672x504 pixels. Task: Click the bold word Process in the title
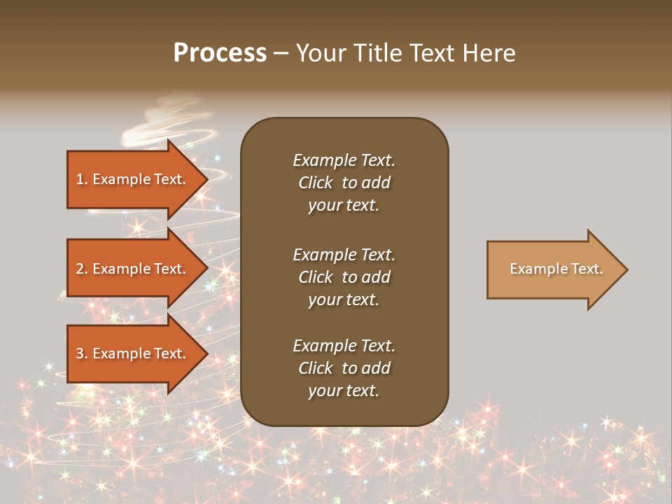[x=220, y=53]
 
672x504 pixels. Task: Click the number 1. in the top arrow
[x=82, y=179]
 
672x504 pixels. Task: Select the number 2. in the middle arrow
[x=82, y=269]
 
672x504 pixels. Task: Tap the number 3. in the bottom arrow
[x=82, y=353]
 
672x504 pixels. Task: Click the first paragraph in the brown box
[x=344, y=183]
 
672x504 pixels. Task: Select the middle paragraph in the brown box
[x=344, y=277]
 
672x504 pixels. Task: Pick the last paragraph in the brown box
[x=344, y=368]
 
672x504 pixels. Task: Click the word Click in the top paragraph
[x=315, y=183]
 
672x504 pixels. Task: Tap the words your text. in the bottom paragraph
[x=344, y=391]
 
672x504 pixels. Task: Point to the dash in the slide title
[x=281, y=54]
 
